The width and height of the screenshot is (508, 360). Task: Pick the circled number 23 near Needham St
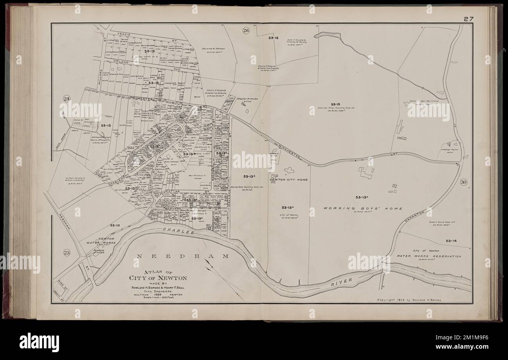(66, 253)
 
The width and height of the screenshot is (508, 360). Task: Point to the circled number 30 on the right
(463, 182)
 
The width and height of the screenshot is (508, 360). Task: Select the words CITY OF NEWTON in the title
(158, 278)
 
